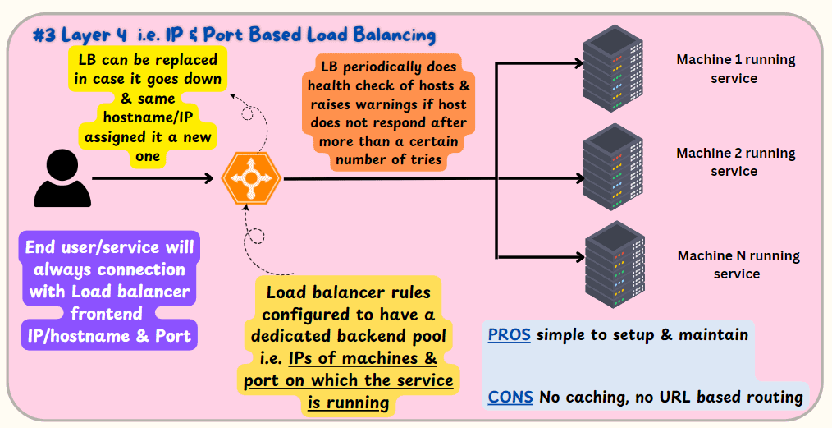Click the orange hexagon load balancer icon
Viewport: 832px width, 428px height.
tap(251, 179)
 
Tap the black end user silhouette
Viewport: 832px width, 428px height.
tap(62, 178)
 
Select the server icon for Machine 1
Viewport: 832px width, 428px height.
tap(614, 68)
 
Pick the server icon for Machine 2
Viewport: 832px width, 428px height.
tap(614, 167)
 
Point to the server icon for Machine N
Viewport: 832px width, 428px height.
tap(615, 265)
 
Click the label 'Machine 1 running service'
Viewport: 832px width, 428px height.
tap(735, 69)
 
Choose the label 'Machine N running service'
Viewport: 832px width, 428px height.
tap(738, 265)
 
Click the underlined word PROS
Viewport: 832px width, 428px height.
tap(509, 334)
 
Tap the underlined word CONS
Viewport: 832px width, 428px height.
tap(510, 397)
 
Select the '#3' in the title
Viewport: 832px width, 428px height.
tap(44, 35)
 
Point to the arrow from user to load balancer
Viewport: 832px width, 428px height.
tap(153, 178)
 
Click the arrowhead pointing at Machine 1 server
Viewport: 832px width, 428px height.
tap(578, 63)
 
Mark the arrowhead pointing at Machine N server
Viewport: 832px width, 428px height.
tap(578, 258)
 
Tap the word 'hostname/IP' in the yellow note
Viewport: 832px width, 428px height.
tap(148, 117)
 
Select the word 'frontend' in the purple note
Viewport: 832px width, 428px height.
tap(107, 313)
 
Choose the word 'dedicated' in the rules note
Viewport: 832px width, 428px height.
tap(291, 336)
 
